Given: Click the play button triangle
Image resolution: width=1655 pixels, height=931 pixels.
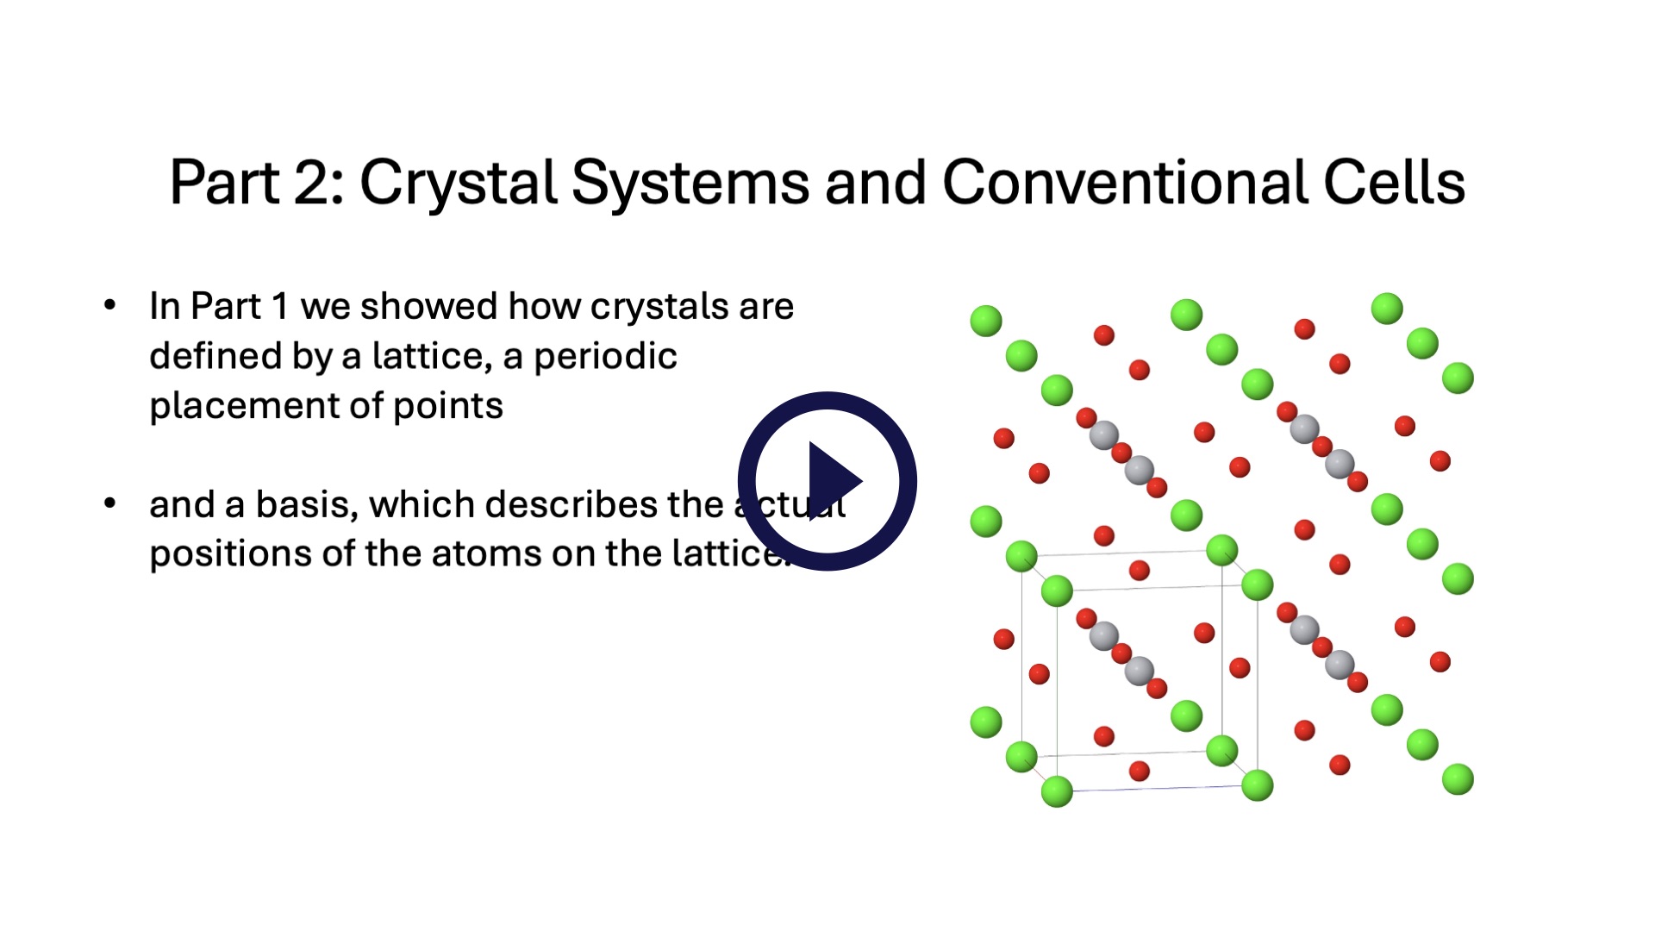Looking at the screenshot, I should (x=832, y=481).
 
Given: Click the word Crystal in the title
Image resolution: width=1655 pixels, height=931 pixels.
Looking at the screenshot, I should (x=458, y=183).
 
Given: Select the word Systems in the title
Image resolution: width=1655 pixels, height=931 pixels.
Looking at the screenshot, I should (x=690, y=183).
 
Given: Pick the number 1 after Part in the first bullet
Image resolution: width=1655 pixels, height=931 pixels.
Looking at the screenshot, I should (x=279, y=307).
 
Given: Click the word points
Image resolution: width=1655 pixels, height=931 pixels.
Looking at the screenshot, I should (x=447, y=406).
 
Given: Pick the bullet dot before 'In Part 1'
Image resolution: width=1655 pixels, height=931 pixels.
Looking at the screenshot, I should (x=109, y=305).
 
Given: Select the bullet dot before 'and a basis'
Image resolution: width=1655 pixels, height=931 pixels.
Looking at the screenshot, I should (x=109, y=503).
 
